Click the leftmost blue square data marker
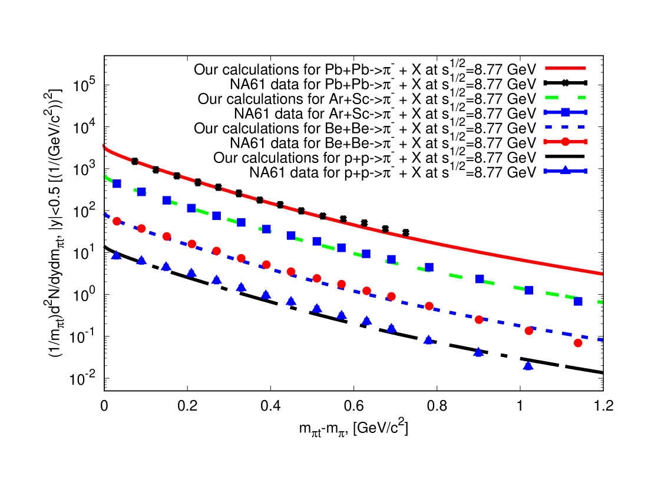[x=117, y=184]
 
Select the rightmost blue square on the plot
[x=578, y=301]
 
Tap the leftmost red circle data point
[x=117, y=221]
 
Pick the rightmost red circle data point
[x=578, y=343]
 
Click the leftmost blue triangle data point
[x=116, y=255]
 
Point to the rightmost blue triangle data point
[x=528, y=366]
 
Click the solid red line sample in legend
[x=565, y=68]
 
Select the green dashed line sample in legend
[x=565, y=98]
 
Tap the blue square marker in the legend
[x=565, y=112]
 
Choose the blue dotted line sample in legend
[x=565, y=127]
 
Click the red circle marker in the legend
[x=565, y=142]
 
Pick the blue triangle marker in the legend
[x=565, y=171]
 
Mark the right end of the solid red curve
[x=602, y=274]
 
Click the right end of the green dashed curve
[x=601, y=302]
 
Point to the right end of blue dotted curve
[x=601, y=341]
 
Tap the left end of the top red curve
[x=104, y=146]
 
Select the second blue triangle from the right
[x=478, y=352]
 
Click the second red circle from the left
[x=141, y=228]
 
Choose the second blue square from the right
[x=528, y=290]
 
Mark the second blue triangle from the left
[x=141, y=260]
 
